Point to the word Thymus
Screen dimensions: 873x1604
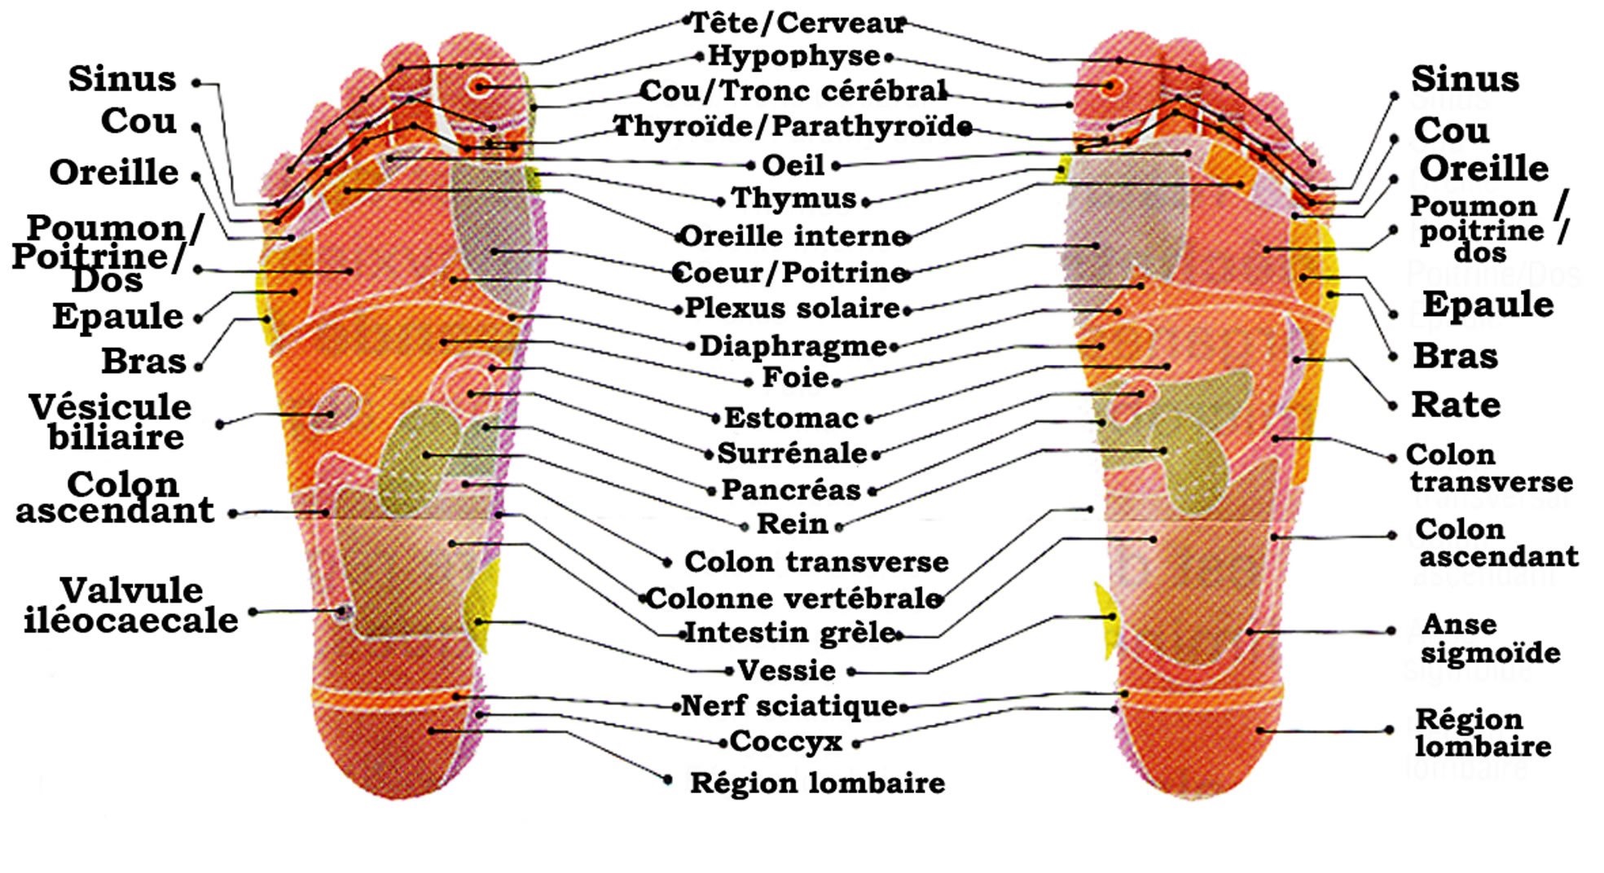point(793,198)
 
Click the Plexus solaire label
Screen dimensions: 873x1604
point(792,308)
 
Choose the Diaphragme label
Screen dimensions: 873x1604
point(793,346)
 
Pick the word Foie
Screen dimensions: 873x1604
point(795,378)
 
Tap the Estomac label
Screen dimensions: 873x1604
point(791,418)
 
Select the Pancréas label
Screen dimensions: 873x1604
point(791,489)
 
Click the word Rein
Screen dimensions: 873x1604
point(792,524)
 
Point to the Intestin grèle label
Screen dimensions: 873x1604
point(790,632)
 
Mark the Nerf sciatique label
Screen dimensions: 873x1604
point(789,705)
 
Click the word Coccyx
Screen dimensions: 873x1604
point(785,742)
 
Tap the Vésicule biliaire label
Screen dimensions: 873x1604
point(112,422)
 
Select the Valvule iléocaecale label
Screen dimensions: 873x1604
point(130,605)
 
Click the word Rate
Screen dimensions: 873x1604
point(1456,405)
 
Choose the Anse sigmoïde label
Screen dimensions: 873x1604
point(1490,638)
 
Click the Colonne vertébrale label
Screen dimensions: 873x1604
point(794,599)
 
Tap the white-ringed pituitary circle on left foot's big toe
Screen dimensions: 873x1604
point(480,86)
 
